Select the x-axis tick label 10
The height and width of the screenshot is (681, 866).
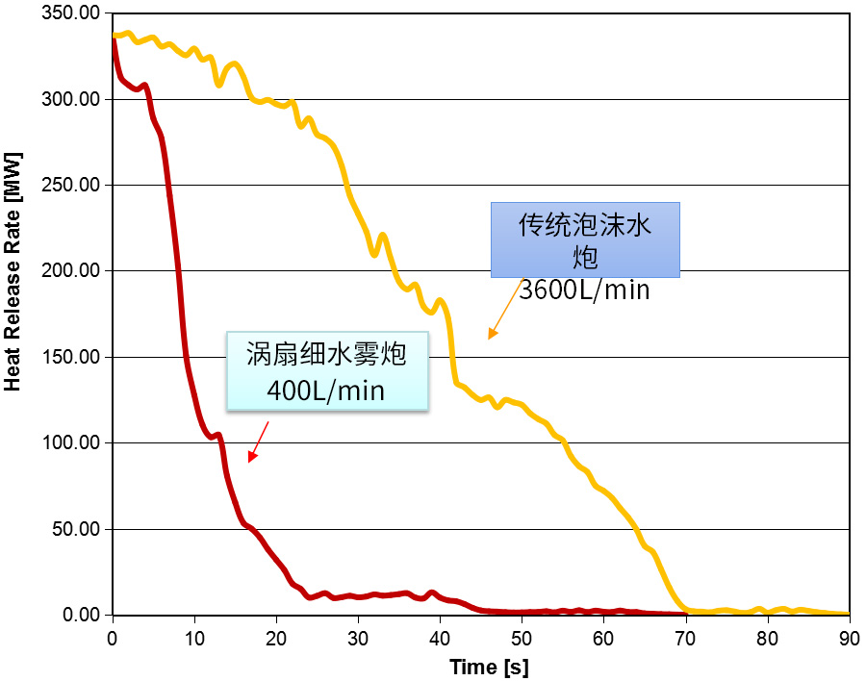coord(194,638)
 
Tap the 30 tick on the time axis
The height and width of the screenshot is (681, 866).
coord(358,638)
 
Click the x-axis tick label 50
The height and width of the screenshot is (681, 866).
coord(522,638)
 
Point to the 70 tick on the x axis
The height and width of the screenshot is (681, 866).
coord(685,638)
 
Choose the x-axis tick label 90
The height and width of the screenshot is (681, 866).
coord(849,638)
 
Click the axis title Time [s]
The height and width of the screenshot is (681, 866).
coord(488,667)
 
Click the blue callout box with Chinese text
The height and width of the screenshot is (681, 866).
coord(585,239)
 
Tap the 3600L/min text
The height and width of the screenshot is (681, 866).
coord(585,290)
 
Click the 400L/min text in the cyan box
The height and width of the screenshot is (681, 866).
coord(326,391)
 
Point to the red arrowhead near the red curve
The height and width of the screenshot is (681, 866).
coord(252,457)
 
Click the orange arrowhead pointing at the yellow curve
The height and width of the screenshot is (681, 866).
coord(493,334)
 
